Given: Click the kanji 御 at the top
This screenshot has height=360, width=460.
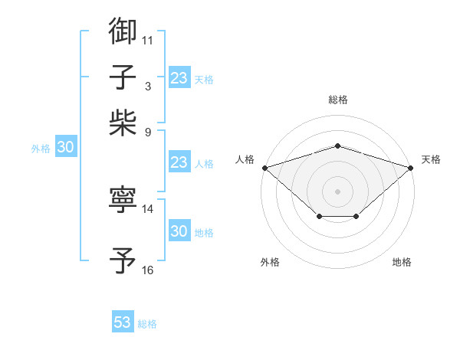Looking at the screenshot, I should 123,31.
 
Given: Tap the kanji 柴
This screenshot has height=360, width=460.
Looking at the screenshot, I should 123,122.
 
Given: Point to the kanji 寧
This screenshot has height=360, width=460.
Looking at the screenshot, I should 123,200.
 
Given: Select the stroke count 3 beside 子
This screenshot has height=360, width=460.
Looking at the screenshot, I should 147,86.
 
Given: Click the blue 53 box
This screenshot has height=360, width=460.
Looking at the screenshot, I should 123,322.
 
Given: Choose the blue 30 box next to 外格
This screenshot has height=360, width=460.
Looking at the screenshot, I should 65,148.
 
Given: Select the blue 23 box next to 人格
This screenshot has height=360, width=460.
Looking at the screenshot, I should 179,162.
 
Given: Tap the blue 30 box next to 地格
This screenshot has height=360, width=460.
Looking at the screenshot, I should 179,231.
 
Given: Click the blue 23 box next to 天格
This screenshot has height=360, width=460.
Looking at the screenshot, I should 179,78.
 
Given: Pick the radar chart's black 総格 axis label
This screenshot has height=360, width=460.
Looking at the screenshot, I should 337,100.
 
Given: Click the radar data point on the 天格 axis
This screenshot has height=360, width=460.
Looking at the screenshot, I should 412,167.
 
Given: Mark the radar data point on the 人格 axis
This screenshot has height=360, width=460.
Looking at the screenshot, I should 264,167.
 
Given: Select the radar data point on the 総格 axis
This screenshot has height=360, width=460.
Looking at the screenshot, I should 337,146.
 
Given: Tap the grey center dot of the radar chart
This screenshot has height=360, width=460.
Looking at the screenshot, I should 337,191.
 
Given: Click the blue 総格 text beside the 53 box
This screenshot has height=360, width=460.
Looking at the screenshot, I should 147,324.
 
